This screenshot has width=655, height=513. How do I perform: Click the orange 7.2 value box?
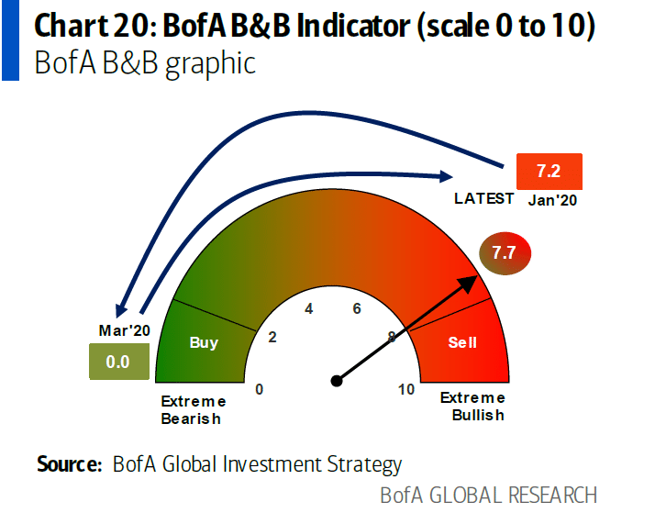coord(550,173)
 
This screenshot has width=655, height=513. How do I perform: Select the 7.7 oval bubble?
coord(504,252)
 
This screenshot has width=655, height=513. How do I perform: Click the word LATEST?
coord(483,198)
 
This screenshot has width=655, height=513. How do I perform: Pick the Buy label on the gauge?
coord(204,342)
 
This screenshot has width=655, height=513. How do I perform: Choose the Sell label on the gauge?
coord(462,342)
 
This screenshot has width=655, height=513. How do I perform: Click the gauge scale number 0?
coord(260,389)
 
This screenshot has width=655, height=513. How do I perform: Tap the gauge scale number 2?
coord(272,337)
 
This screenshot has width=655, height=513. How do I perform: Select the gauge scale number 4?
coord(309,308)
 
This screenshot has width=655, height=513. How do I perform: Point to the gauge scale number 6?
coord(357,308)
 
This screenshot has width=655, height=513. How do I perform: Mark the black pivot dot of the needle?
coord(337,380)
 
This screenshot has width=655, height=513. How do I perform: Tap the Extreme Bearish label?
coord(192,409)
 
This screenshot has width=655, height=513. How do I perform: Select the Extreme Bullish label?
coord(472,406)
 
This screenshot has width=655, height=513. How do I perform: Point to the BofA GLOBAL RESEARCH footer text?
coord(488,495)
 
